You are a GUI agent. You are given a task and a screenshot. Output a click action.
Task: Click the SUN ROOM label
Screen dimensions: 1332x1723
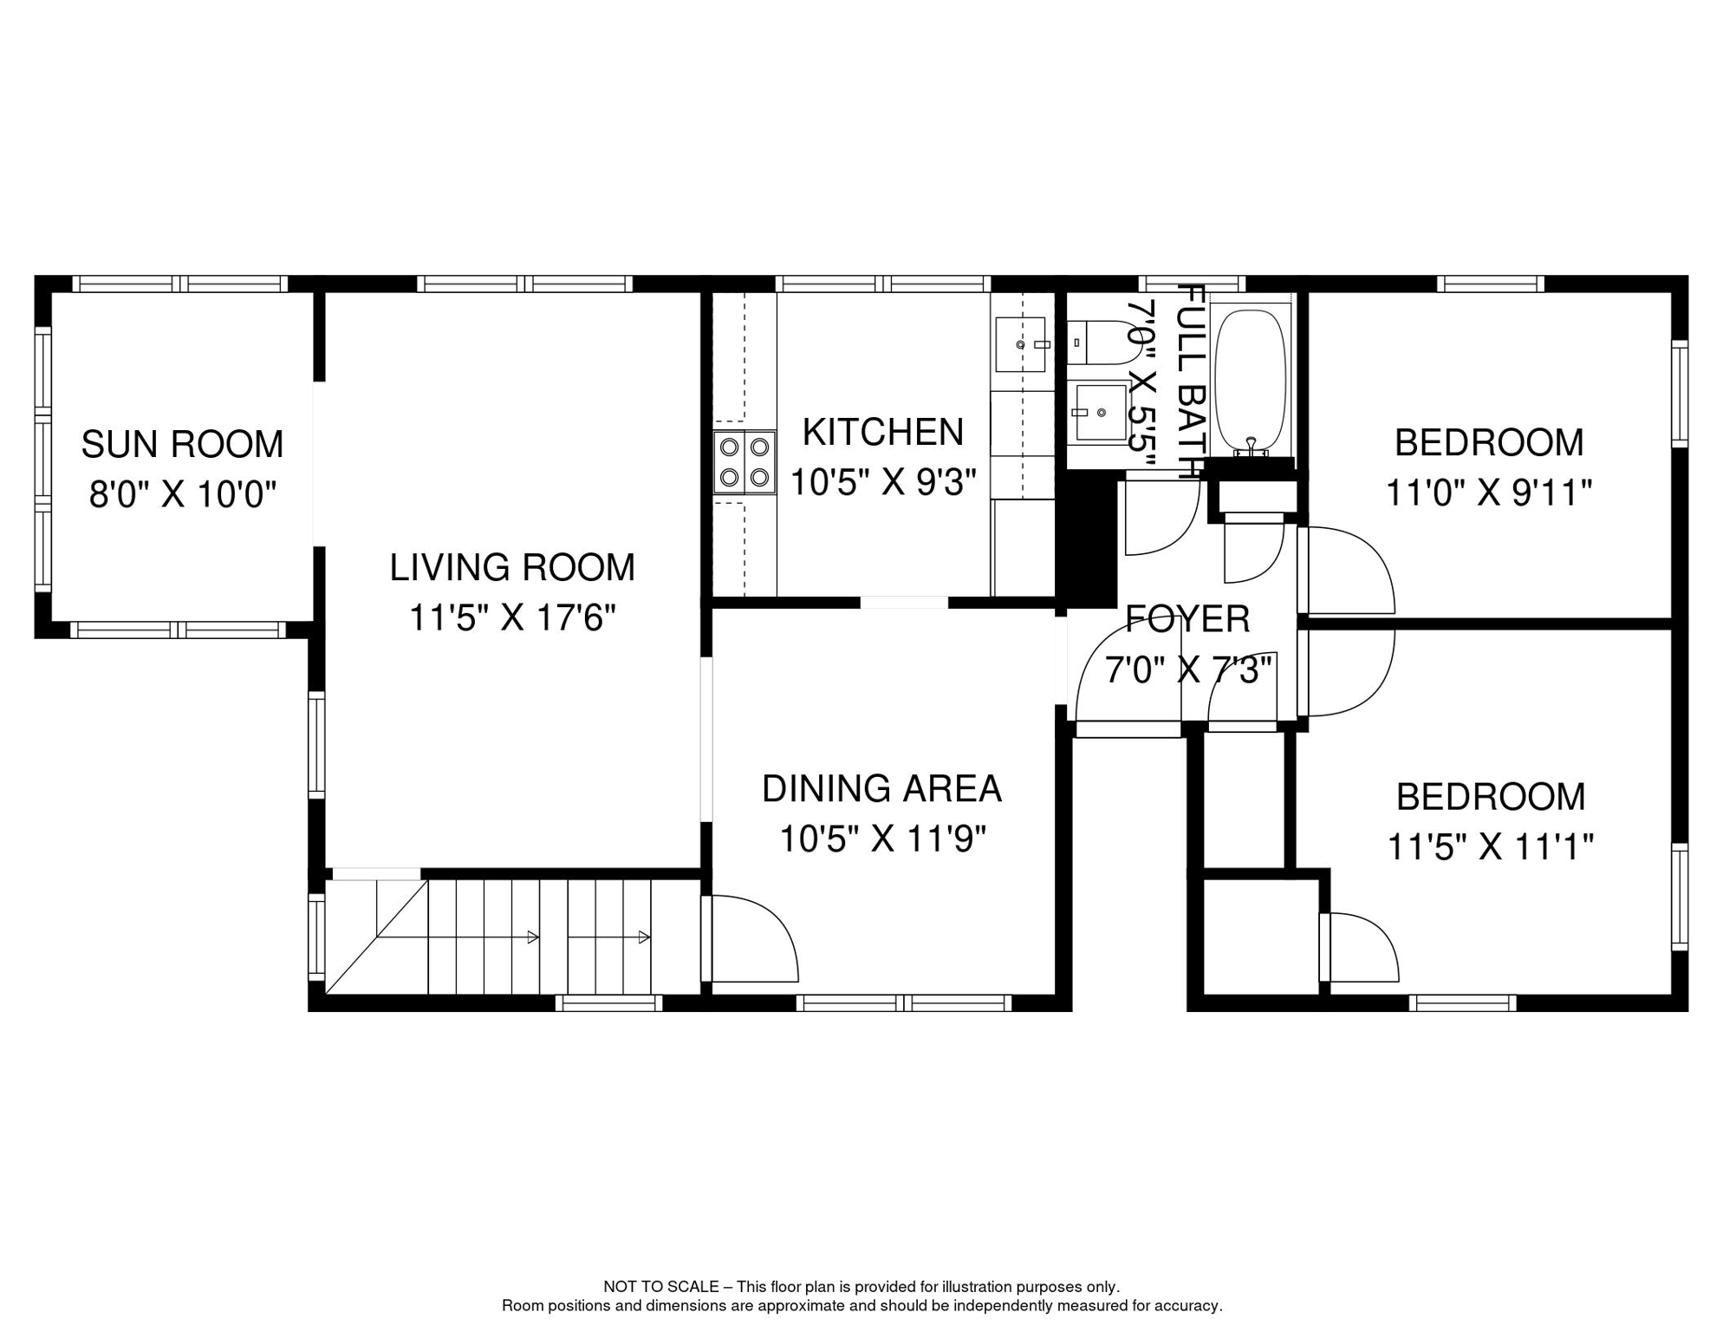click(x=182, y=444)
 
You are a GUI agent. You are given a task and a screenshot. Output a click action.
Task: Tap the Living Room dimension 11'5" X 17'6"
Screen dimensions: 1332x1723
click(x=512, y=618)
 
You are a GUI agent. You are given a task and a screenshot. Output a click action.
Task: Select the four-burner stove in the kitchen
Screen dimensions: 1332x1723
click(x=744, y=462)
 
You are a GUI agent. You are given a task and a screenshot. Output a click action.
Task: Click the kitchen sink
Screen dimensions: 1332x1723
click(x=1020, y=344)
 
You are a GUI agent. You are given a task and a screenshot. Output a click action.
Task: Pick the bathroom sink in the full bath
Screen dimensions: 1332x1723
click(x=1101, y=413)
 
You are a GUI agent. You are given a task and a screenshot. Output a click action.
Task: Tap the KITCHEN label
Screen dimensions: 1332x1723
click(x=882, y=432)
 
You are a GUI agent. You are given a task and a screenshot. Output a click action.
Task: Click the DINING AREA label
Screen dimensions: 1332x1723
click(x=881, y=788)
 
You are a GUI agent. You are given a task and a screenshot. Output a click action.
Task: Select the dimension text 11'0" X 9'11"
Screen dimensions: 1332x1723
click(x=1488, y=493)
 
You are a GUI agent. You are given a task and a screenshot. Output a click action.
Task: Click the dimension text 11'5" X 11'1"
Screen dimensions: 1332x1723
click(x=1490, y=846)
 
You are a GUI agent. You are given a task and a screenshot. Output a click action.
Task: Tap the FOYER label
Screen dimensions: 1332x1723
click(x=1187, y=619)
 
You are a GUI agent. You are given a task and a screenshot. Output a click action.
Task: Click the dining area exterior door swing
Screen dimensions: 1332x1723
click(x=752, y=940)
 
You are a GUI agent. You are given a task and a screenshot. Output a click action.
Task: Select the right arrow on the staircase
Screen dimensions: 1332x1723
click(x=643, y=937)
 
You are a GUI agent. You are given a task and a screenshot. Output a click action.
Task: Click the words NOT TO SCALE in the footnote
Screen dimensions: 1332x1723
click(x=660, y=1287)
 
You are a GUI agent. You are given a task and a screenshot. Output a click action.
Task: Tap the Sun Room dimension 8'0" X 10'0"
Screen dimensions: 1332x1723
click(x=182, y=495)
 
